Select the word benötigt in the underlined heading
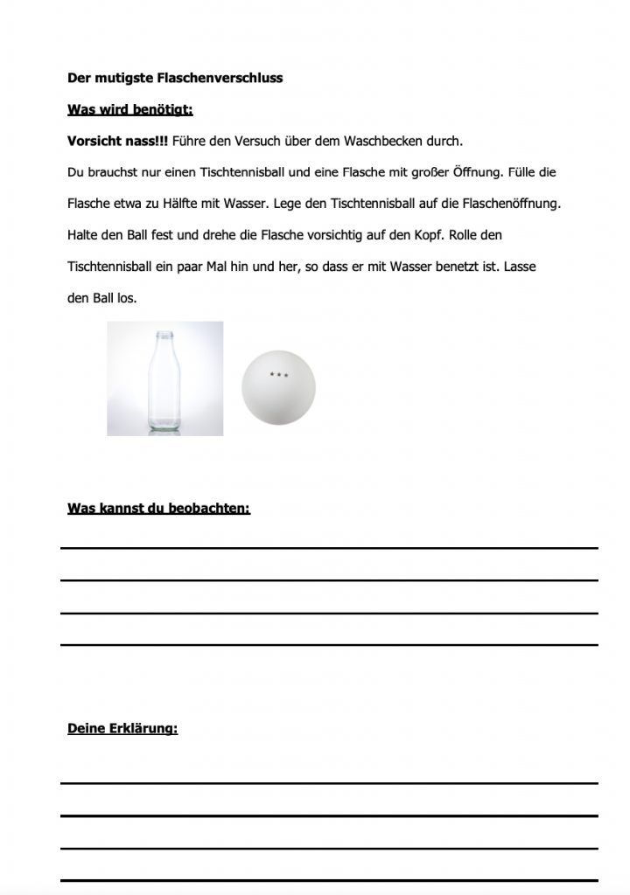pos(162,109)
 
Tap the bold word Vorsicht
pos(98,141)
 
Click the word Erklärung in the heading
pos(143,728)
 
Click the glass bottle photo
pos(164,378)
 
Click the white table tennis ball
pos(278,390)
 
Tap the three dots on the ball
pos(278,374)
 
